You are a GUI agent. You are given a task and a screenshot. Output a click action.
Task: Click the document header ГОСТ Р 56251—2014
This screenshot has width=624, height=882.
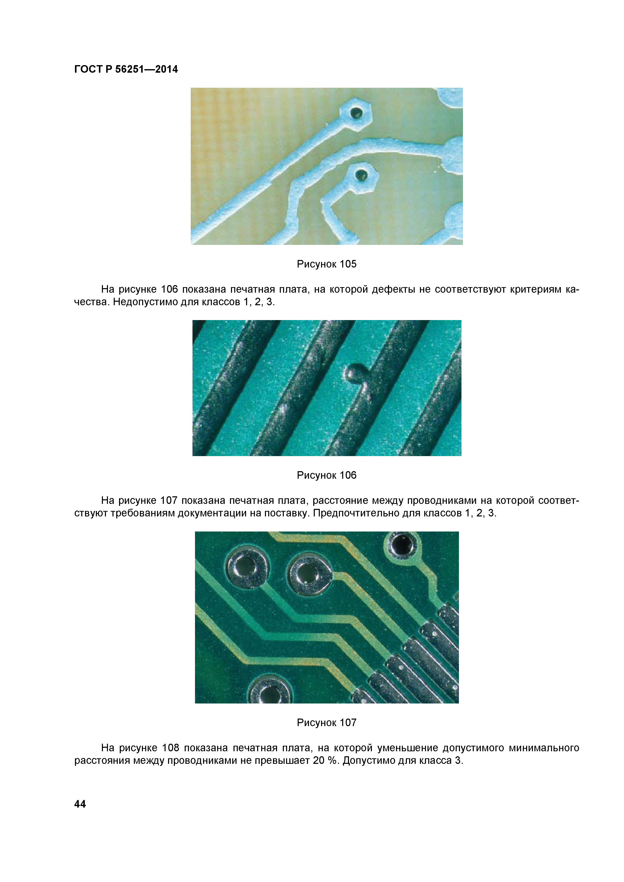[126, 69]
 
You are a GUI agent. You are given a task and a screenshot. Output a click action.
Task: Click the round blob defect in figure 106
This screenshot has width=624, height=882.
[353, 373]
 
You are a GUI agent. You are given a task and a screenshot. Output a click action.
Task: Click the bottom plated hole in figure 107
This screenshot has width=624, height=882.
[270, 694]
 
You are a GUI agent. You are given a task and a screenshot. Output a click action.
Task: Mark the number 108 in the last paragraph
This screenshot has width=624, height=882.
[170, 748]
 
